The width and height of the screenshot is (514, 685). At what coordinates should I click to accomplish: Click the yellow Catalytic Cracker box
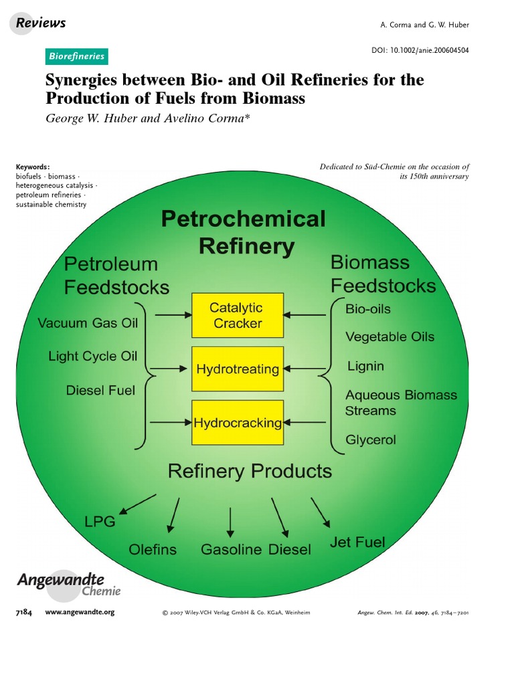pos(238,315)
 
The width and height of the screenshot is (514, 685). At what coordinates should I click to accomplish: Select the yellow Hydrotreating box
pos(238,369)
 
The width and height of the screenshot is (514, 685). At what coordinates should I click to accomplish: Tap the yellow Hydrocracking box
pos(238,423)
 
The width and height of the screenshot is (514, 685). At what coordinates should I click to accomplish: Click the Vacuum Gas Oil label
pos(88,323)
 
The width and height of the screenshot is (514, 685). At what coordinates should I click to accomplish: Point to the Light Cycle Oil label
pos(92,357)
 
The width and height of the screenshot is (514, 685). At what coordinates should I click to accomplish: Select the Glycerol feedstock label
pos(370,439)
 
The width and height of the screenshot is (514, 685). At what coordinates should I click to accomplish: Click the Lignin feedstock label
pos(365,367)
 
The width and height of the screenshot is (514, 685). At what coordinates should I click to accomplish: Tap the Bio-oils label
pos(367,309)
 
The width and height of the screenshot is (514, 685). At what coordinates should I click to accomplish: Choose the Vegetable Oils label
pos(390,336)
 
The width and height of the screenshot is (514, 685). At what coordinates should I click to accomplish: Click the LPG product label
pos(99,522)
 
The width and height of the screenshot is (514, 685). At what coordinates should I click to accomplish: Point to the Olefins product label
pos(153,549)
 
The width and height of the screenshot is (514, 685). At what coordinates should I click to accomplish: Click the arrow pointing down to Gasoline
pos(230,522)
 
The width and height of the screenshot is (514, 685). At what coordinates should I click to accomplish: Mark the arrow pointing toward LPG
pos(137,504)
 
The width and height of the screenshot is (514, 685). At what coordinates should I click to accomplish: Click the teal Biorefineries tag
pos(77,56)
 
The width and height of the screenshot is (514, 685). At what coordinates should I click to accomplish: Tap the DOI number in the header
pos(420,50)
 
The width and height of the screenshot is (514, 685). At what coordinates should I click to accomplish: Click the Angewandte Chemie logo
pos(69,584)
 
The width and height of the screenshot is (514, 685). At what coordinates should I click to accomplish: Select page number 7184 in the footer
pos(23,611)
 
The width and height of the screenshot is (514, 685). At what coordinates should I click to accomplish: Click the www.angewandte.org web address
pos(80,611)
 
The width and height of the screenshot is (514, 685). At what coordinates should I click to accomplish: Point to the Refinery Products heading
pos(250,471)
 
